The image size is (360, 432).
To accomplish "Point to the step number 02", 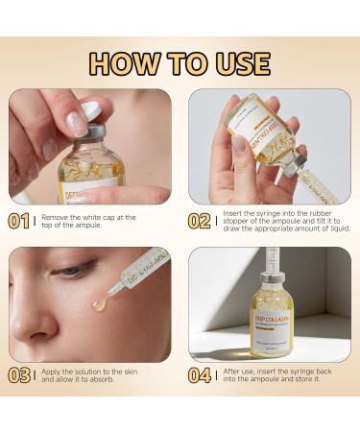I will (200, 222).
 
